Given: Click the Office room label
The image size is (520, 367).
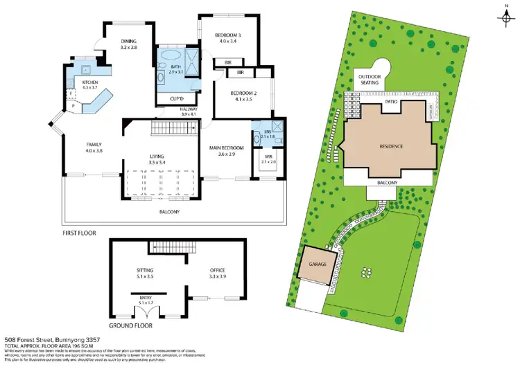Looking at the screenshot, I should click(218, 270).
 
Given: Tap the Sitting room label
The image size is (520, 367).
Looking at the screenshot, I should click(144, 270).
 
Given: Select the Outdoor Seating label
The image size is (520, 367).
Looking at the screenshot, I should click(370, 79).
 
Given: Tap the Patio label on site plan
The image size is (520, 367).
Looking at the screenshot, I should click(390, 102).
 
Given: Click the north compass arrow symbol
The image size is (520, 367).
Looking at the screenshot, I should click(507, 16).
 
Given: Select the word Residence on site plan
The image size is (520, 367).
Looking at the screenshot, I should click(392, 146).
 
